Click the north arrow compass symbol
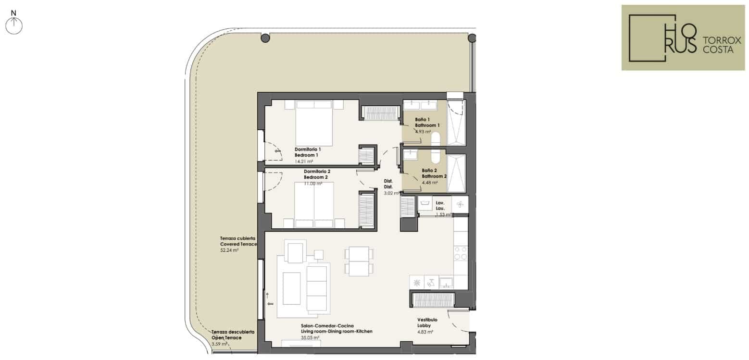(14, 24)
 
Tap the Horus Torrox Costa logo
(683, 37)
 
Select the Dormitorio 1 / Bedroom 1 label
(308, 152)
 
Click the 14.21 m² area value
(304, 161)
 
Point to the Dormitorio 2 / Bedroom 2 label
(317, 174)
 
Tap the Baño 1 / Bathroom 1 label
(427, 123)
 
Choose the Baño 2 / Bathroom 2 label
(434, 173)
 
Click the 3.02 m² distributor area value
(391, 193)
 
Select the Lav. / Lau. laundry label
(440, 206)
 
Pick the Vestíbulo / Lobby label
(427, 323)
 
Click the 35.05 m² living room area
(310, 338)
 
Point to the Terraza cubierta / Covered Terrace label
(238, 241)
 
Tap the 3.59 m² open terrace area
(219, 344)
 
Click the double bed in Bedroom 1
(314, 123)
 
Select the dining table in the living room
(359, 261)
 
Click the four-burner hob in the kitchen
(461, 253)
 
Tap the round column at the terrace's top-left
(265, 38)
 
